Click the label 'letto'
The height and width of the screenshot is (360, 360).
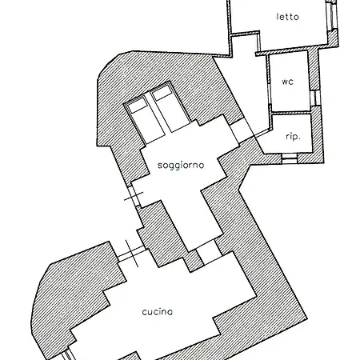(x=287, y=16)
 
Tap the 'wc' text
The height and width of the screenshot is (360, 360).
(x=287, y=81)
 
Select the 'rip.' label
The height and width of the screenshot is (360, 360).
(x=292, y=138)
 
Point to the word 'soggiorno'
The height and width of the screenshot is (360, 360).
(x=182, y=164)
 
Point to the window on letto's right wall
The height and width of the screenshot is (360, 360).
(x=330, y=12)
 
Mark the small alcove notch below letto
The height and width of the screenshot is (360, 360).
(x=245, y=44)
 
